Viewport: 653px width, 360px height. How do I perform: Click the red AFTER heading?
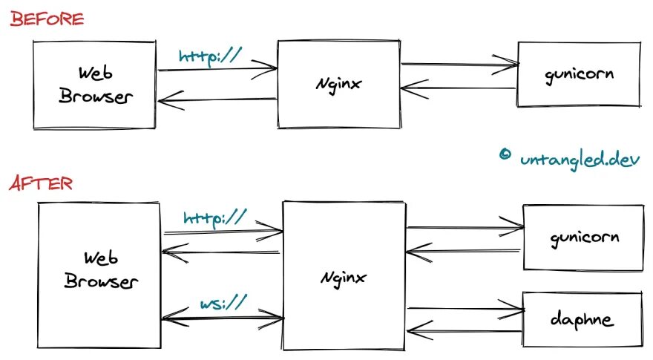(41, 183)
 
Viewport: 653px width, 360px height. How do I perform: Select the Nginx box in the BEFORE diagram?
(338, 84)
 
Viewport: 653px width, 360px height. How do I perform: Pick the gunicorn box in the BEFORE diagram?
(578, 74)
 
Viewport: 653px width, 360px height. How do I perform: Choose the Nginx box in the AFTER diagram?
(344, 275)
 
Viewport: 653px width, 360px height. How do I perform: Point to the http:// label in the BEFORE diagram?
(210, 56)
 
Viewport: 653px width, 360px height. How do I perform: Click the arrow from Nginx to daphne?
(465, 307)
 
